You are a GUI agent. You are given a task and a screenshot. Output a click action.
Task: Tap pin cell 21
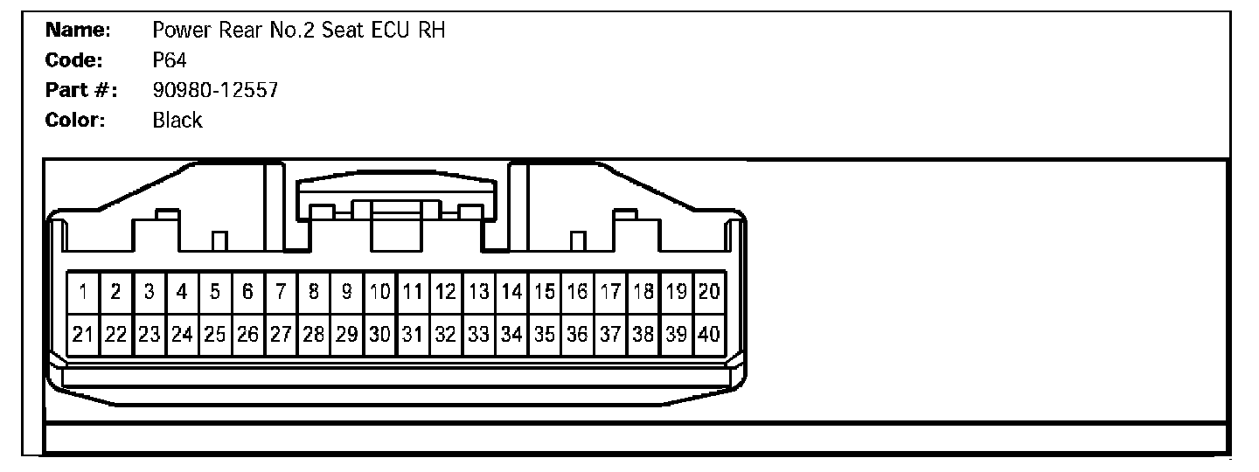click(x=84, y=334)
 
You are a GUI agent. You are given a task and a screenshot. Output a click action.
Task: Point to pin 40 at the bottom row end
click(x=709, y=334)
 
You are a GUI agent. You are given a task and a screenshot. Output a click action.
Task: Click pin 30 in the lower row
click(x=379, y=334)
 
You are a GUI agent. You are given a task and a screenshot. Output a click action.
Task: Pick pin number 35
click(x=545, y=334)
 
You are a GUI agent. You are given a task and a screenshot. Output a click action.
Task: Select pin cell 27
click(x=281, y=334)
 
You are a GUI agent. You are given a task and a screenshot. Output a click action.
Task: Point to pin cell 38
click(x=643, y=334)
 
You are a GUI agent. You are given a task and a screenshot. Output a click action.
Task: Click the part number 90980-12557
click(x=215, y=90)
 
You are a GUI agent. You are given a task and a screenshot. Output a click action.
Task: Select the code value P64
click(x=170, y=60)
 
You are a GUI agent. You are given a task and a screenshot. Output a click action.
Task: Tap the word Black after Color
click(x=177, y=121)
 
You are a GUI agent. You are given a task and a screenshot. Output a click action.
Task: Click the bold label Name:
click(x=78, y=31)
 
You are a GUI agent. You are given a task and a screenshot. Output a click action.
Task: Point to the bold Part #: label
click(x=81, y=90)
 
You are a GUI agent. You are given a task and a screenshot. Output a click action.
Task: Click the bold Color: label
click(x=75, y=121)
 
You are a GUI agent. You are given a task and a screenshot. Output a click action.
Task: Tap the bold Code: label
click(x=75, y=60)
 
